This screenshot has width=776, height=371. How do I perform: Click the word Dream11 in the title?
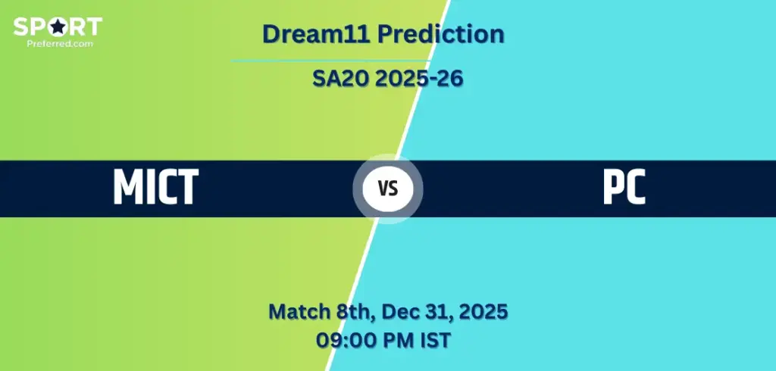315,34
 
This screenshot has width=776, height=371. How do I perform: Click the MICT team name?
155,187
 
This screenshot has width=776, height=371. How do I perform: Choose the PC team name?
624,187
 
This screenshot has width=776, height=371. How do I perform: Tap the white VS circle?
388,188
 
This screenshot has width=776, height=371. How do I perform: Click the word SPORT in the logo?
57,28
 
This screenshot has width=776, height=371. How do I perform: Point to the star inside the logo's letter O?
58,28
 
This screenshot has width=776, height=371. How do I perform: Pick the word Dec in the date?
399,311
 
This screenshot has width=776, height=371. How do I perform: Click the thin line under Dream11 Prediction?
330,61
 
